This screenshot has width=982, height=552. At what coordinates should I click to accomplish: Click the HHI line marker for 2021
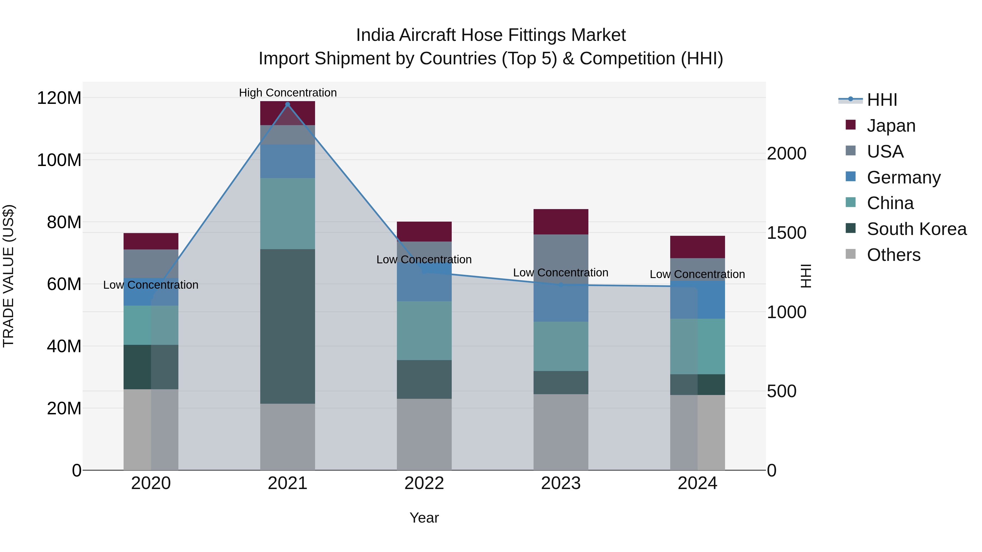pyautogui.click(x=288, y=104)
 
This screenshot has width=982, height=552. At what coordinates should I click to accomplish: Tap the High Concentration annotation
pyautogui.click(x=288, y=93)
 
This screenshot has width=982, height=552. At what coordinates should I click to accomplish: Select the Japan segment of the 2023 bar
pyautogui.click(x=561, y=222)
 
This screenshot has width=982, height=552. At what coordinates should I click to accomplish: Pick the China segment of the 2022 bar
pyautogui.click(x=424, y=331)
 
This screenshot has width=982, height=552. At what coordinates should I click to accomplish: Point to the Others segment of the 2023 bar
pyautogui.click(x=561, y=432)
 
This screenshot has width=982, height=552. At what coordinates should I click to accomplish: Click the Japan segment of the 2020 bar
pyautogui.click(x=151, y=241)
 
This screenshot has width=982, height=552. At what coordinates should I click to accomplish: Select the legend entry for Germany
pyautogui.click(x=903, y=177)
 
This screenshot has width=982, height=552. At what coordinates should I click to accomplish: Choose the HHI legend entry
pyautogui.click(x=881, y=100)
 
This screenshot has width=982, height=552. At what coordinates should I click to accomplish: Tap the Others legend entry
pyautogui.click(x=893, y=255)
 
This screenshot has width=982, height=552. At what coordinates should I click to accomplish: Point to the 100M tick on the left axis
pyautogui.click(x=59, y=160)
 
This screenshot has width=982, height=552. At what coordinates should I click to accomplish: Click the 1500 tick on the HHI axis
pyautogui.click(x=786, y=233)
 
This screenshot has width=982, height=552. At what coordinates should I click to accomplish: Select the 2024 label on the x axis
pyautogui.click(x=697, y=483)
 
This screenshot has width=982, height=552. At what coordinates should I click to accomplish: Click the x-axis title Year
pyautogui.click(x=424, y=518)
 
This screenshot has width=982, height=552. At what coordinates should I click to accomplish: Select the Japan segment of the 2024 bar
pyautogui.click(x=697, y=247)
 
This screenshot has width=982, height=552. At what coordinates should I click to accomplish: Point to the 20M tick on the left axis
pyautogui.click(x=64, y=408)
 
